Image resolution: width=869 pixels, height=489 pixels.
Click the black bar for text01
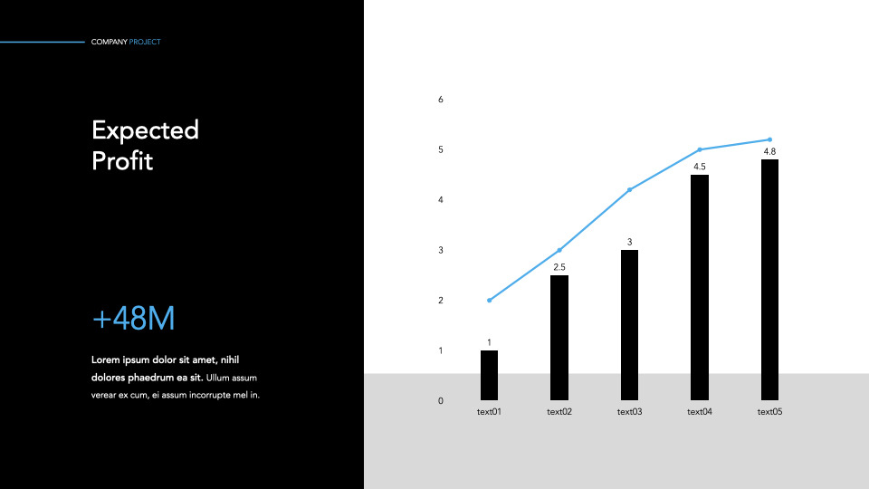[489, 375]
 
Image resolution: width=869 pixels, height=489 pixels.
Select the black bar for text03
[629, 324]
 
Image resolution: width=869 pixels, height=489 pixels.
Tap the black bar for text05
[769, 279]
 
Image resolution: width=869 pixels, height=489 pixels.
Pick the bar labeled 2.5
[559, 337]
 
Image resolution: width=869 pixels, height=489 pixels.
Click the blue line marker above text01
[489, 301]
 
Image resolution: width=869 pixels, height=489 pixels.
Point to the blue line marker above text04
[700, 149]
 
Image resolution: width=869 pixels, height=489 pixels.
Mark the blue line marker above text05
[769, 139]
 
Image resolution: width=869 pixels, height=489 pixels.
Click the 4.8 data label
[769, 151]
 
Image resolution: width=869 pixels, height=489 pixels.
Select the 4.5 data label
[700, 167]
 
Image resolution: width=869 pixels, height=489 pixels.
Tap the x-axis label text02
[559, 412]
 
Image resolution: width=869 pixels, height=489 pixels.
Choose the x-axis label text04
[700, 412]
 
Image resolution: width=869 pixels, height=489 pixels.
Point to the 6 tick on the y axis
[441, 100]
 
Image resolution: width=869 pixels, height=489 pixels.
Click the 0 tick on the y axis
[441, 400]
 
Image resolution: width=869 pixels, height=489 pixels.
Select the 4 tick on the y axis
[441, 200]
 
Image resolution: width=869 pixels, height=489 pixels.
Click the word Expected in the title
[145, 130]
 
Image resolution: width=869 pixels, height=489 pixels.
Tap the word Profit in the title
[122, 161]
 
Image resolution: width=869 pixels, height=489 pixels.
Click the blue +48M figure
[133, 319]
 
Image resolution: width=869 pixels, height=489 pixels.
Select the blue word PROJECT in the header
[145, 42]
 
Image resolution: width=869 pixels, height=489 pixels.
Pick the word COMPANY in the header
[109, 42]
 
